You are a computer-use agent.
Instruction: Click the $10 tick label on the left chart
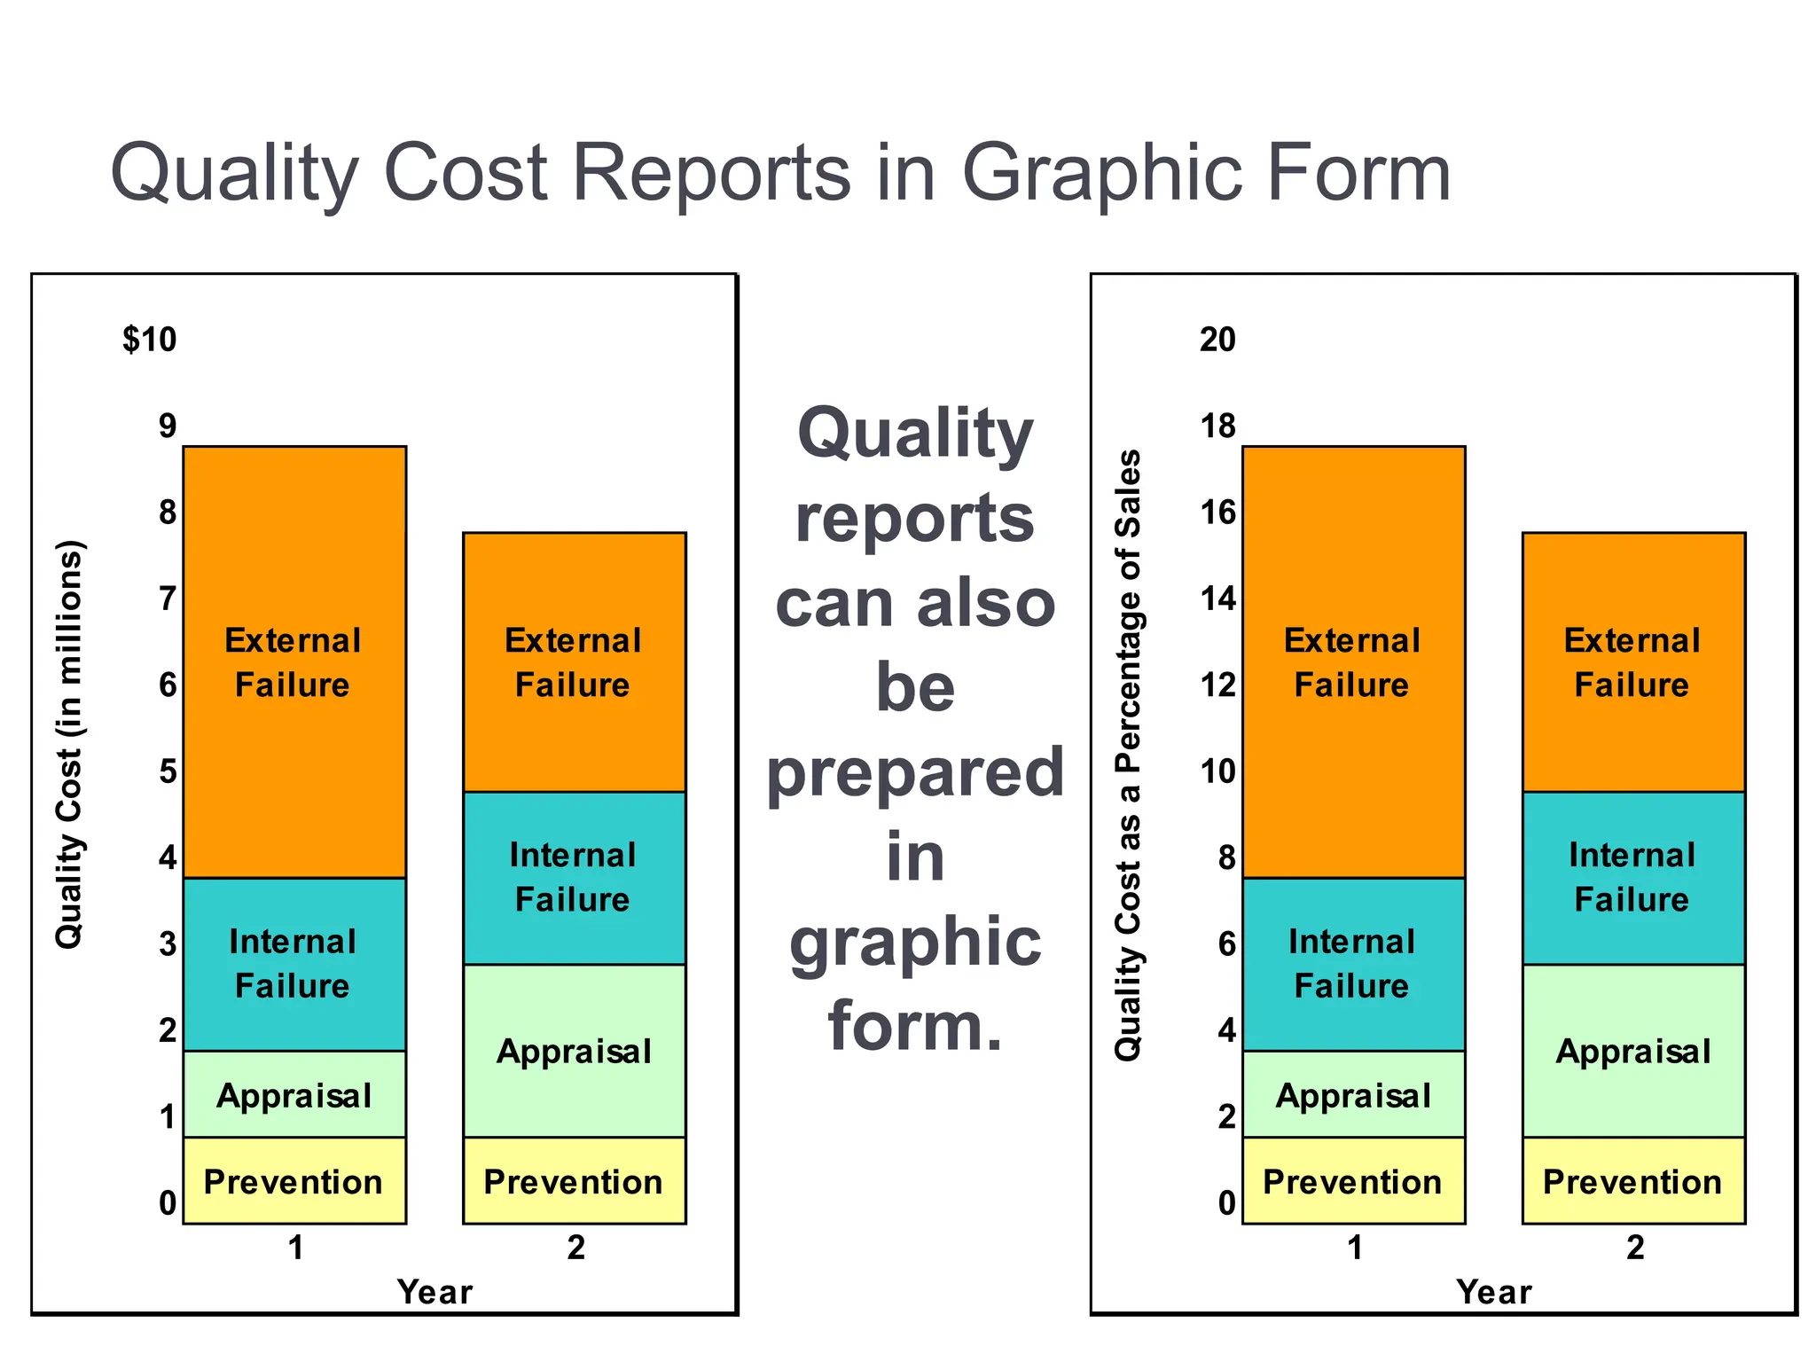coord(150,340)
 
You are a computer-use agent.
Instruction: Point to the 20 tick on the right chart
coord(1217,340)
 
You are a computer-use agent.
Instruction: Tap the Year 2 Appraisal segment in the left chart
coord(575,1051)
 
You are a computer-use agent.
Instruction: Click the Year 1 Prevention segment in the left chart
coord(294,1181)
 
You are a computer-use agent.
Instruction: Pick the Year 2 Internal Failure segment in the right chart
coord(1633,878)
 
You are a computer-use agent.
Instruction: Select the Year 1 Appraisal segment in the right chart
coord(1353,1095)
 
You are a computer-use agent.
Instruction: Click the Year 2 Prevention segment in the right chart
coord(1633,1181)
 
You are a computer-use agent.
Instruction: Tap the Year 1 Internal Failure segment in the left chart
coord(294,964)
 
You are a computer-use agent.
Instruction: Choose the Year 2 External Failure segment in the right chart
coord(1633,662)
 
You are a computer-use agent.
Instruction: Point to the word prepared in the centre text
coord(915,772)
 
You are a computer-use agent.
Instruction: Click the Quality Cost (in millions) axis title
coord(69,745)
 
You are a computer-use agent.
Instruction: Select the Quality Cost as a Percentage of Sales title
coord(1128,755)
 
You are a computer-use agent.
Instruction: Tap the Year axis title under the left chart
coord(434,1292)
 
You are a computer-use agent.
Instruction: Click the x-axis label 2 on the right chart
coord(1635,1248)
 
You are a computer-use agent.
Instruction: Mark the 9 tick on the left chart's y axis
coord(168,427)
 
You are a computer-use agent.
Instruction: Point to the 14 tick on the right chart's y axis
coord(1217,599)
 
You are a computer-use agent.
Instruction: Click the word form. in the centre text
coord(915,1026)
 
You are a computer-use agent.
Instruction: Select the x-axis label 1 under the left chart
coord(296,1248)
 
